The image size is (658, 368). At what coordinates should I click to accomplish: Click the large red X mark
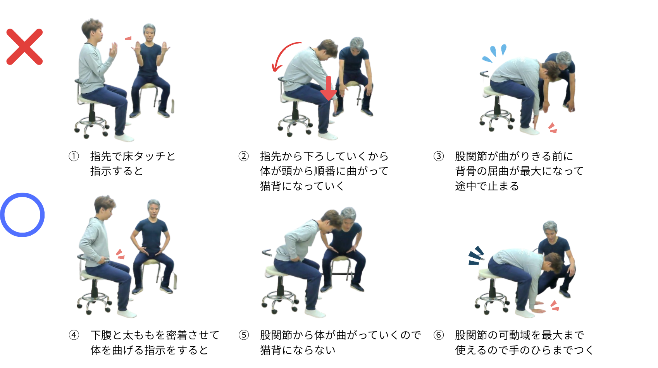pyautogui.click(x=25, y=46)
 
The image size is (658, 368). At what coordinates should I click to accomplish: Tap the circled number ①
pyautogui.click(x=74, y=156)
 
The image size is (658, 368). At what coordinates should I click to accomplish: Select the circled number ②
pyautogui.click(x=243, y=156)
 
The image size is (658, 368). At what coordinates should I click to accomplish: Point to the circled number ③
pyautogui.click(x=439, y=156)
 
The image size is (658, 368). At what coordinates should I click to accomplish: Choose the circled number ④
pyautogui.click(x=74, y=335)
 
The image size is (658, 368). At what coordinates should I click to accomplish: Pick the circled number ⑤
pyautogui.click(x=243, y=335)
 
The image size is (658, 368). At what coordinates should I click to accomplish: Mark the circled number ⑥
pyautogui.click(x=439, y=335)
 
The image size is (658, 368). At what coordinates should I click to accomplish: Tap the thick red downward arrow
pyautogui.click(x=328, y=88)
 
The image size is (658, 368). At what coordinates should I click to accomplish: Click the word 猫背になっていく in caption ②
pyautogui.click(x=302, y=186)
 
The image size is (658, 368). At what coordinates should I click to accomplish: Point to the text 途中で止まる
pyautogui.click(x=487, y=186)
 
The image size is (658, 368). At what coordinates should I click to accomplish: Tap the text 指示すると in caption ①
pyautogui.click(x=117, y=171)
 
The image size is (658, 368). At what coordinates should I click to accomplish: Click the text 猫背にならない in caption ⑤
pyautogui.click(x=298, y=350)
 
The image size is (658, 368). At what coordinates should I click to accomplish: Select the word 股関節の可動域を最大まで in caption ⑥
pyautogui.click(x=519, y=335)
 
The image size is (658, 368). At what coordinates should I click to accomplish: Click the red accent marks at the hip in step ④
pyautogui.click(x=121, y=254)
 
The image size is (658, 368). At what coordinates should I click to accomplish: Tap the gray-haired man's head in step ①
pyautogui.click(x=149, y=32)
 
